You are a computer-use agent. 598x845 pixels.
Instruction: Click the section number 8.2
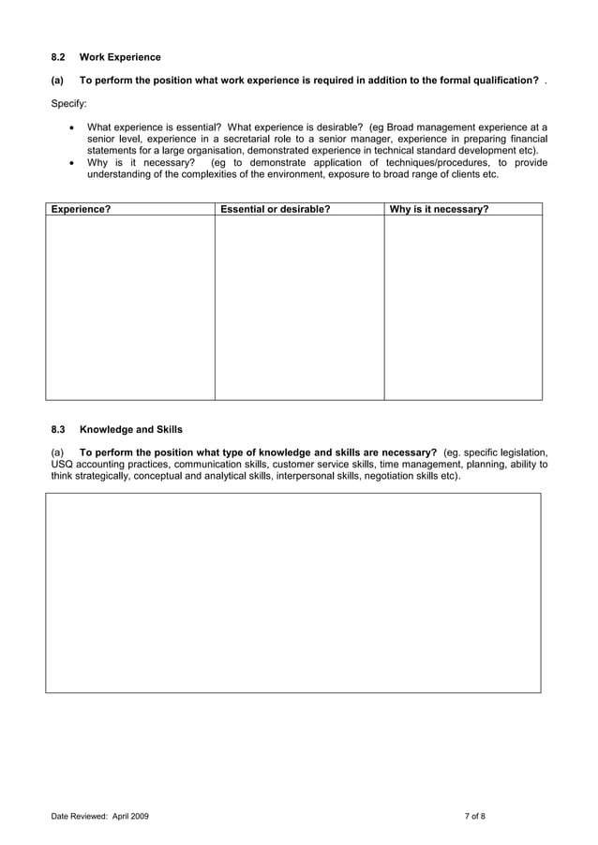tap(58, 57)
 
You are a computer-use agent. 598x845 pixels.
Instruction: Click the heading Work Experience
tap(120, 57)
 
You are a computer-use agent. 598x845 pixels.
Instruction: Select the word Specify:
tap(68, 103)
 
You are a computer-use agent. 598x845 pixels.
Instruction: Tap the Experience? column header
tap(81, 210)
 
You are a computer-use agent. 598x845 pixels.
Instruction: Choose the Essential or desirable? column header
tap(275, 210)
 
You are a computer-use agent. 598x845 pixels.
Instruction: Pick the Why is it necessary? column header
tap(439, 210)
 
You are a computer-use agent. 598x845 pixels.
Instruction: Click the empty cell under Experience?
tap(130, 307)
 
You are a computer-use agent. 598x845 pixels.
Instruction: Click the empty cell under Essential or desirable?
tap(299, 307)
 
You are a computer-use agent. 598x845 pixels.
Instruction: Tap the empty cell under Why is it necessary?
tap(463, 307)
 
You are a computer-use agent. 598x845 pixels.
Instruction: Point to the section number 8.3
tap(58, 429)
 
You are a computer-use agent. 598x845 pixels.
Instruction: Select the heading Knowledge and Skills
tap(131, 429)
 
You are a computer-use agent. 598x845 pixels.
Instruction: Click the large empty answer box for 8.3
tap(293, 592)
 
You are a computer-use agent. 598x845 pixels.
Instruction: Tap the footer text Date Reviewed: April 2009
tap(99, 817)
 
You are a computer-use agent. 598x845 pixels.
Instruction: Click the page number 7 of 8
tap(474, 817)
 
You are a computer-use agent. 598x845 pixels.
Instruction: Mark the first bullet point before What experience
tap(73, 126)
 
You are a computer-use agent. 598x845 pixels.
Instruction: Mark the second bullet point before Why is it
tap(73, 162)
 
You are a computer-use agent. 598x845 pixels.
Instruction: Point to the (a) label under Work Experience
tap(57, 81)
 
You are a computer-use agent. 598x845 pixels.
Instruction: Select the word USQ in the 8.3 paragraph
tap(61, 464)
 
